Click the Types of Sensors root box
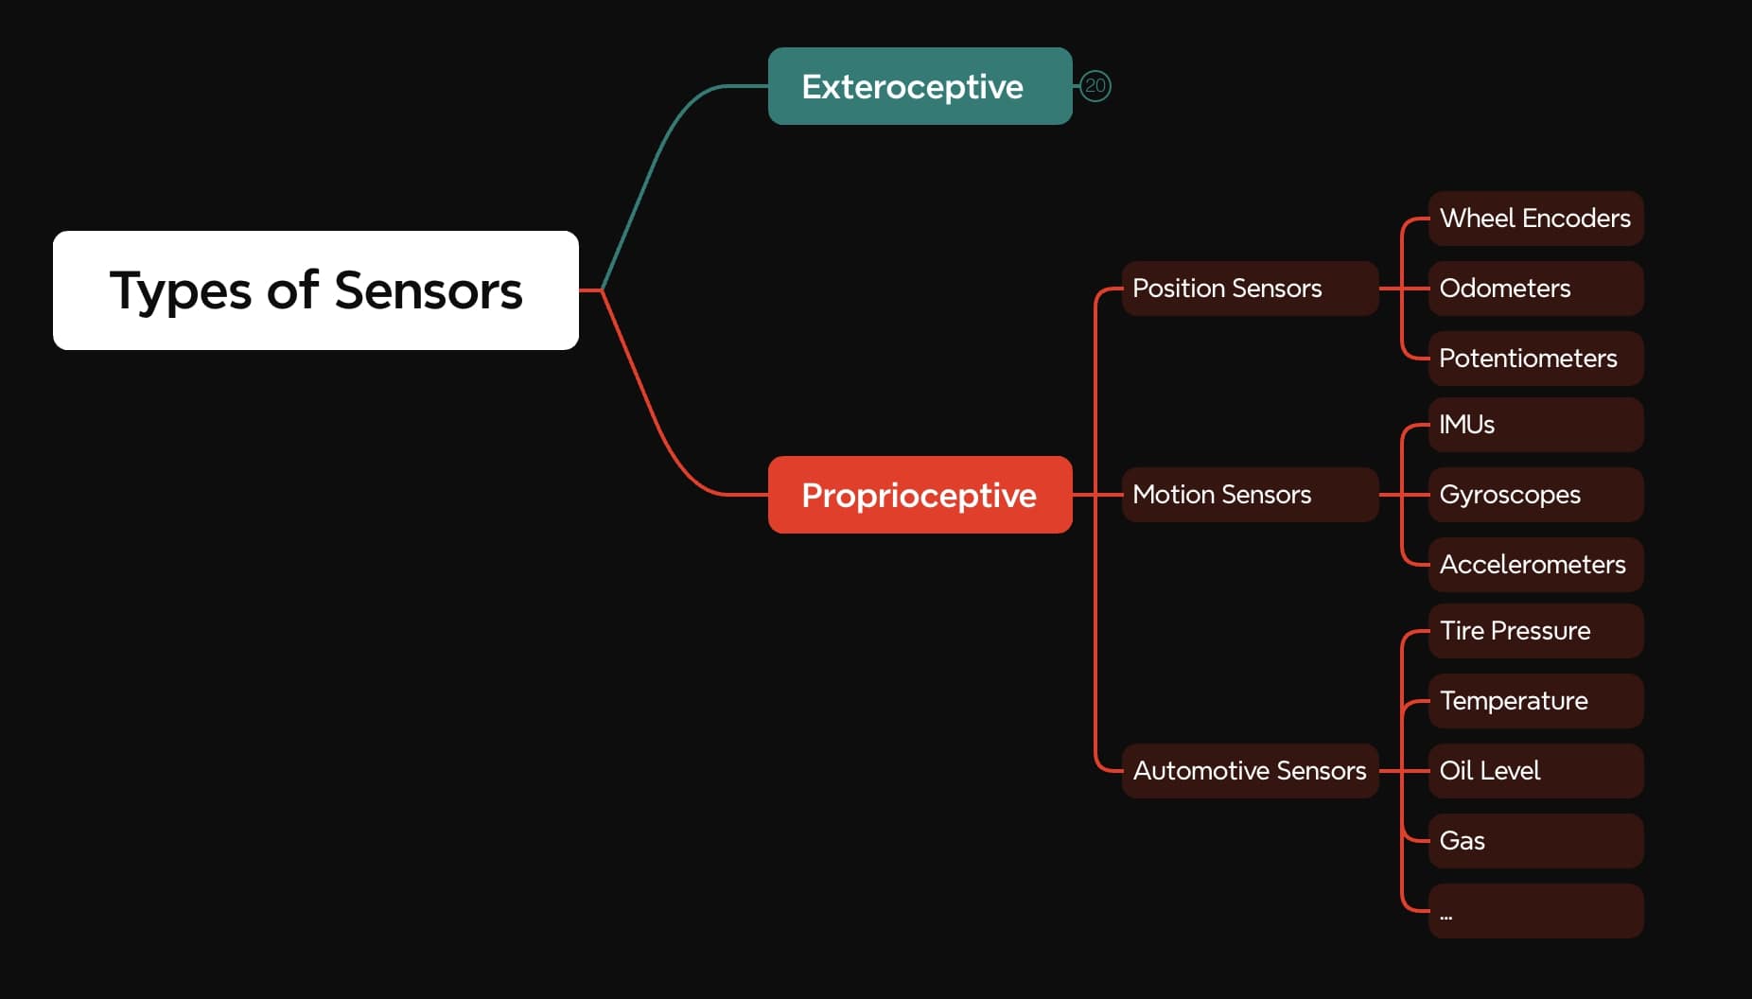(x=315, y=289)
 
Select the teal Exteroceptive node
(x=919, y=86)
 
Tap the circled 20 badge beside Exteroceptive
(x=1095, y=86)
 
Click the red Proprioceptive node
(x=919, y=495)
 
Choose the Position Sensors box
(x=1249, y=289)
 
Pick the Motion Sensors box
(x=1249, y=495)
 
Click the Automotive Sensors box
(x=1249, y=771)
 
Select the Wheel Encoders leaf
(x=1534, y=219)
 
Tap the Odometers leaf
(x=1534, y=289)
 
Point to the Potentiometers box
(x=1534, y=359)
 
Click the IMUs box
(x=1534, y=425)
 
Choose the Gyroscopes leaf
(x=1534, y=495)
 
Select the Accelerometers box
(x=1534, y=565)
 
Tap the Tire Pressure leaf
(x=1534, y=631)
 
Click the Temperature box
(x=1534, y=701)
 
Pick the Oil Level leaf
(x=1534, y=771)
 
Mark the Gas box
(x=1534, y=841)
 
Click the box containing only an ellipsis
(x=1534, y=911)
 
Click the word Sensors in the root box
(x=428, y=290)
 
